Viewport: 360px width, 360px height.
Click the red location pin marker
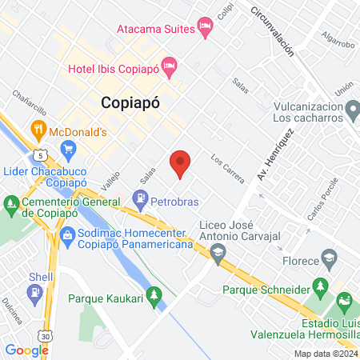point(181,163)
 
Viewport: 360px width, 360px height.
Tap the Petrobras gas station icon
point(141,198)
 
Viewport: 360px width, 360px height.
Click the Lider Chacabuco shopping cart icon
point(69,147)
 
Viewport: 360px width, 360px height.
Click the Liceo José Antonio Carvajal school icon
point(217,254)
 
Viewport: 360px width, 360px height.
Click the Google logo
point(26,350)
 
